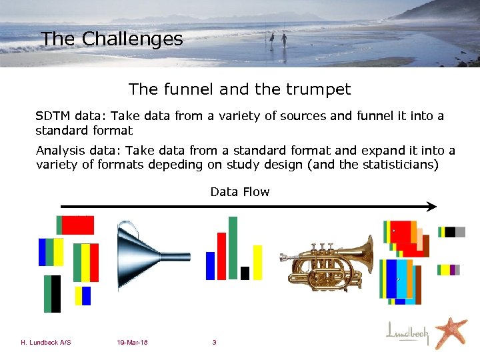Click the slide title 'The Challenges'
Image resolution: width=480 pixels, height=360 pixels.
tap(111, 39)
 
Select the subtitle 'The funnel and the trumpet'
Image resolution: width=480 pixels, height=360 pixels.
tap(239, 89)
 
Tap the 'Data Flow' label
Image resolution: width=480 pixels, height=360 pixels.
tap(239, 192)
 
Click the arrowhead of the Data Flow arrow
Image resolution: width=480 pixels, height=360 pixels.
tap(432, 207)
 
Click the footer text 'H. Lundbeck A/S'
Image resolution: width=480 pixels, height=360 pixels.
tap(46, 343)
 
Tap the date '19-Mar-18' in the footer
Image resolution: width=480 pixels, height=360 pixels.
tap(131, 343)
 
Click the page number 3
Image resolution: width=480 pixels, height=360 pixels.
tap(214, 343)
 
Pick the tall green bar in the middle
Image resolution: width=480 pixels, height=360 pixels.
tap(233, 247)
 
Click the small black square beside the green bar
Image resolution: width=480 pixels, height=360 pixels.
tap(245, 273)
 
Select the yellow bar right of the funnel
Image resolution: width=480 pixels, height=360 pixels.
tap(257, 262)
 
